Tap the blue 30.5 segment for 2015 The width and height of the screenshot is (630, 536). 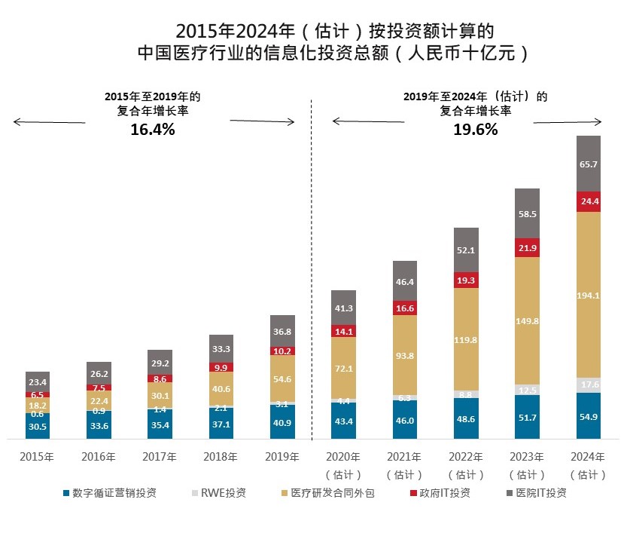coord(38,426)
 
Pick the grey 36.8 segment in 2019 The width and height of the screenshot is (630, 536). coord(282,331)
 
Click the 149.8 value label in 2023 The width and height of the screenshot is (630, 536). coord(527,320)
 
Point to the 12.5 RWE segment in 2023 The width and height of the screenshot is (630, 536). coord(527,390)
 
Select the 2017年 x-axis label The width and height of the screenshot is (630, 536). coord(160,457)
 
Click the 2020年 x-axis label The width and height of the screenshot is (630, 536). coord(343,457)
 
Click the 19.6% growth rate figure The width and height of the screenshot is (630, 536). coord(475,130)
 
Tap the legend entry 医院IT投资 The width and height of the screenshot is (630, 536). coord(537,493)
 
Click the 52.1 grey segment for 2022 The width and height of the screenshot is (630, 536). coord(466,250)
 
